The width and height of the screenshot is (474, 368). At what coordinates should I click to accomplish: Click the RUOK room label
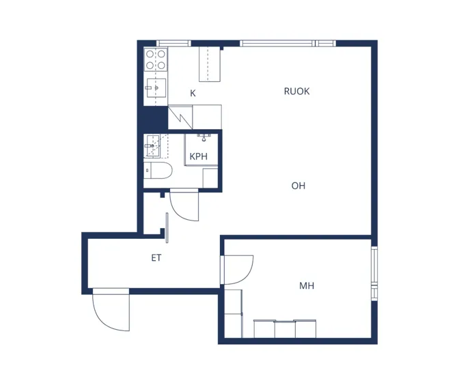296,91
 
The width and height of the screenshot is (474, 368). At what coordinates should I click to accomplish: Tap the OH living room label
298,186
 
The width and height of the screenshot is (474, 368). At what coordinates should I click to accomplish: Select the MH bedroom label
307,285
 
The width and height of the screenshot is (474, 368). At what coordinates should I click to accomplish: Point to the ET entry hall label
156,257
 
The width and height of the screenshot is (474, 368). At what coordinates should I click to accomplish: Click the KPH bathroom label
198,156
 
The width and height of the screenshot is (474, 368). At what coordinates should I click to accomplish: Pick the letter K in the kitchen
193,94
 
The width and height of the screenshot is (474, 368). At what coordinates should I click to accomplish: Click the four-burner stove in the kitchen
156,59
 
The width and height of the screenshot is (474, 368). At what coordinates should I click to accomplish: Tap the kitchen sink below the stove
156,88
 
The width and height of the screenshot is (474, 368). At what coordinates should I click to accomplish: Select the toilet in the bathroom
158,170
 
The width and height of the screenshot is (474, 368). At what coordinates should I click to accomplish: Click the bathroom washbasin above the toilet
152,145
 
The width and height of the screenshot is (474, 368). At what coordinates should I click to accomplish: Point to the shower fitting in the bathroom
204,137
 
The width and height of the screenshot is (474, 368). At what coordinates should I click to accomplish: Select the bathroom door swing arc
178,212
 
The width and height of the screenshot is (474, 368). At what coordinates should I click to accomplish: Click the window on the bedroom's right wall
374,273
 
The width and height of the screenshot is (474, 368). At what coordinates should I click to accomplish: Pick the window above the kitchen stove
173,43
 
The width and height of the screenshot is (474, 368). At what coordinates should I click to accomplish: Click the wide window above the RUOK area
288,43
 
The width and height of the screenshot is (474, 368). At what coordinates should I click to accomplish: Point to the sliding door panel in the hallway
167,227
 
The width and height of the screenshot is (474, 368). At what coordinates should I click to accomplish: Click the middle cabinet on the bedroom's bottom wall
284,329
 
